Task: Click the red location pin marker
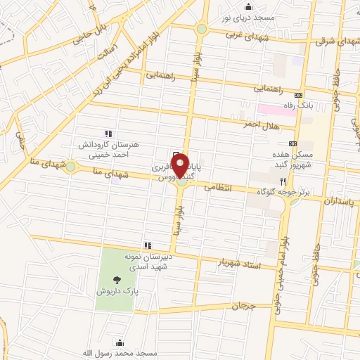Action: (x=181, y=167)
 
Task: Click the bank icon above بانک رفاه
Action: (x=300, y=94)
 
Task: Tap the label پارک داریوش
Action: (x=116, y=290)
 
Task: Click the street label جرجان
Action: (x=240, y=306)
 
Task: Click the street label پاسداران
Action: (x=340, y=201)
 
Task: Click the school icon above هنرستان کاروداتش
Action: (x=108, y=134)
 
